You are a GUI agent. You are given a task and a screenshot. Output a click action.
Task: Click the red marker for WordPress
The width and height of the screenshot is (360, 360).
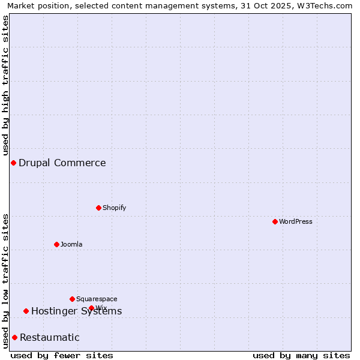(275, 221)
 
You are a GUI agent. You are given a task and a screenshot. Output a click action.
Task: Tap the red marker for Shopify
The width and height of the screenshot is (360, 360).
(98, 208)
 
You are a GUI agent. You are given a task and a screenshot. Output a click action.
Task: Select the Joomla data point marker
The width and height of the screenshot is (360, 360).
(56, 244)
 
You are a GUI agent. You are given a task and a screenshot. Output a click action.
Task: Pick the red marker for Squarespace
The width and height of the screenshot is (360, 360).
(72, 299)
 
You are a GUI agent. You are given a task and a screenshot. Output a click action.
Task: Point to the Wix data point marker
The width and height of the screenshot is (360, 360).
(91, 308)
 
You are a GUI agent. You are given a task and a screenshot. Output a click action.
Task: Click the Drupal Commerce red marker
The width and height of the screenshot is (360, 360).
(13, 163)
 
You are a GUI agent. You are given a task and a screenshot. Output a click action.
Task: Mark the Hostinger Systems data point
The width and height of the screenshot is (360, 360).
(26, 311)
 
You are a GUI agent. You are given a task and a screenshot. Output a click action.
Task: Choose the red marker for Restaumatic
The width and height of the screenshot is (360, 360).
(14, 337)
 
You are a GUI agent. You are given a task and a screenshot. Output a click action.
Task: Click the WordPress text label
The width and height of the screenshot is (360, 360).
(296, 221)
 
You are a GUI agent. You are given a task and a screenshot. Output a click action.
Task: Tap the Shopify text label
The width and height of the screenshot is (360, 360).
(115, 208)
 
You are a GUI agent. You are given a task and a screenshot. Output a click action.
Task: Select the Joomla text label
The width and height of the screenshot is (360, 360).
(71, 244)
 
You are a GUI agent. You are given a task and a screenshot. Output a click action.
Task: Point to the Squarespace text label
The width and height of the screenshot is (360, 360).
(97, 299)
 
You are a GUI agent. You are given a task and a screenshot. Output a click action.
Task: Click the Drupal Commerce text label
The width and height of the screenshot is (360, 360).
(62, 163)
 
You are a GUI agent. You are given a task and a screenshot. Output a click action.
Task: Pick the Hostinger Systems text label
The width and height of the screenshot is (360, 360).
(77, 311)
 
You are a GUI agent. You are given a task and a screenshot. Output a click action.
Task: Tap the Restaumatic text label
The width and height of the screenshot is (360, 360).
(50, 337)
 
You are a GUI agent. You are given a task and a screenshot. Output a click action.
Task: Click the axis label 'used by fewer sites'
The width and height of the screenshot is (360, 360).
(62, 355)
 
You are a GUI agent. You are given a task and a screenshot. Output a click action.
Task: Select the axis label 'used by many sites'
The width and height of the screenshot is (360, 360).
(301, 355)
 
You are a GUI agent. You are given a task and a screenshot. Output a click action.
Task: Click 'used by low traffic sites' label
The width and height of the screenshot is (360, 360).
(6, 280)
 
